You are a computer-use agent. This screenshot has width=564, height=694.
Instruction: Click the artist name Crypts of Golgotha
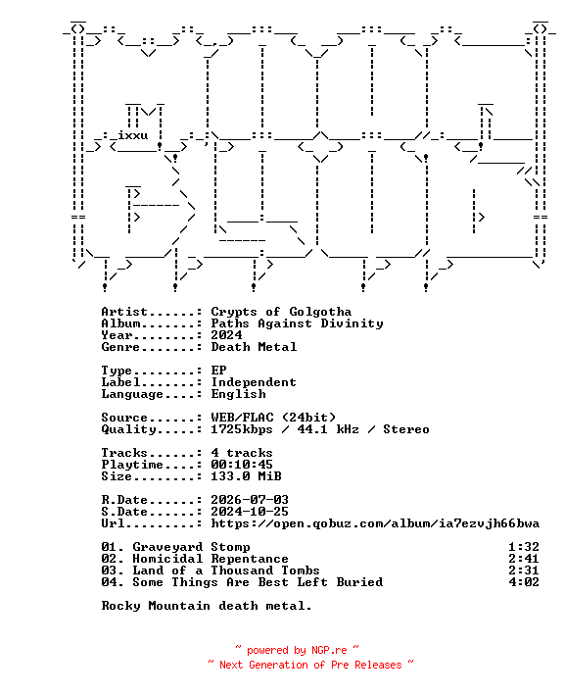click(x=281, y=312)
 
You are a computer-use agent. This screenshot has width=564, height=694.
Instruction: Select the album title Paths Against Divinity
click(x=297, y=323)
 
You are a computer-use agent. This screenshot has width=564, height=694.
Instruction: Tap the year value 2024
click(x=226, y=335)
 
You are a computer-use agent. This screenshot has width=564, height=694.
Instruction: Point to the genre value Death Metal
click(x=254, y=347)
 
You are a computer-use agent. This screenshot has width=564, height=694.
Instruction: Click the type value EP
click(x=218, y=371)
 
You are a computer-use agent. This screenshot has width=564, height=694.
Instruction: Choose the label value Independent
click(x=254, y=382)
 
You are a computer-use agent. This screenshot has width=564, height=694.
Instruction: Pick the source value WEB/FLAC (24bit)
click(x=273, y=418)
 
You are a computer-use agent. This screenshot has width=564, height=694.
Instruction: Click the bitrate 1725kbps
click(x=242, y=429)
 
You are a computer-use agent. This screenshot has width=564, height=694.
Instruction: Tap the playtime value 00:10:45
click(x=242, y=465)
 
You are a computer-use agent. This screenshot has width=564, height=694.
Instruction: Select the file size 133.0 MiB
click(x=246, y=476)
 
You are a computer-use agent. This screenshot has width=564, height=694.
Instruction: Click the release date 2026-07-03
click(x=250, y=500)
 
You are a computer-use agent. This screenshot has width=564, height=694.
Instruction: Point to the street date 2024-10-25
click(x=250, y=512)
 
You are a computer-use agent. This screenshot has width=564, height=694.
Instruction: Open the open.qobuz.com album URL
click(x=375, y=523)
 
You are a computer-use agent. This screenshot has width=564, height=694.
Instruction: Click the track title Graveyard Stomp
click(x=191, y=547)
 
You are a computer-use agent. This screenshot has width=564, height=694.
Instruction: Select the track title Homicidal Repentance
click(x=211, y=559)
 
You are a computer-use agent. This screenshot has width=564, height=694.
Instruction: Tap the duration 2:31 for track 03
click(x=524, y=570)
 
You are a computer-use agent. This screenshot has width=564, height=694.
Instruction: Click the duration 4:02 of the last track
click(x=524, y=582)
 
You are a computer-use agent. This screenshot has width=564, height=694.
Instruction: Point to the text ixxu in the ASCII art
click(x=132, y=135)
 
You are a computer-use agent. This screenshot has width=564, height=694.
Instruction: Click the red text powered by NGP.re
click(x=297, y=650)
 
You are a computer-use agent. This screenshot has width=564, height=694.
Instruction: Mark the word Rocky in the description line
click(x=121, y=606)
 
